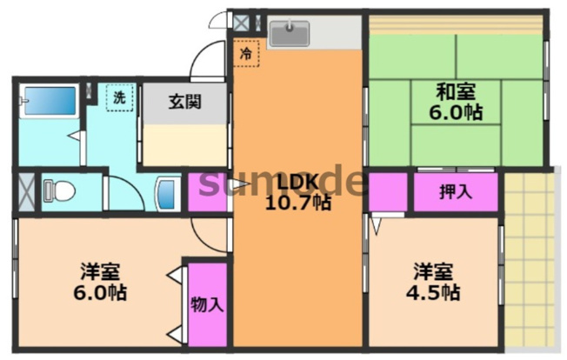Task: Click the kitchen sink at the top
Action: coord(290,34)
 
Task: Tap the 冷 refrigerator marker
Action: coord(246,54)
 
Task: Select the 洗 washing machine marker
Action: coord(118,97)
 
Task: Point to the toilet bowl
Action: coord(59,190)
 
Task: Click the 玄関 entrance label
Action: coord(184,101)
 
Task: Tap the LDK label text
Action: coord(297,182)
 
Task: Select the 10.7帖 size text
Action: coord(297,203)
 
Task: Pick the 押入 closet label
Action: coord(456,191)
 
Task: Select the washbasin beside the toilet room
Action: coord(167,190)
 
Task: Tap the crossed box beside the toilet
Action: coord(23,190)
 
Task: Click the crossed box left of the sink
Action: coord(242,21)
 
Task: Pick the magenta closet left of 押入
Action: coord(388,191)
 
